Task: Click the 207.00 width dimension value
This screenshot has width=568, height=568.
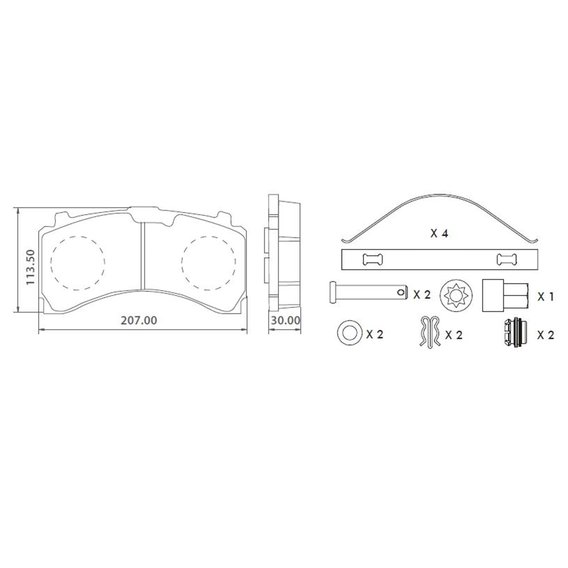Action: (139, 320)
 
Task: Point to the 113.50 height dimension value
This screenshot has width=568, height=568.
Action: (30, 267)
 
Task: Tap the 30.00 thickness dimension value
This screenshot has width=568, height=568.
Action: (286, 320)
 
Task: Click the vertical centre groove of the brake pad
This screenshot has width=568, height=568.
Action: (143, 256)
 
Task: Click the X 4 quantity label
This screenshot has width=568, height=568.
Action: (439, 233)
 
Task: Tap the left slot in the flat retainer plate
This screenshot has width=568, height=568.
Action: (373, 259)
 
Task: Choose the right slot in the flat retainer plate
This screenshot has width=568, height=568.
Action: (507, 259)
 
